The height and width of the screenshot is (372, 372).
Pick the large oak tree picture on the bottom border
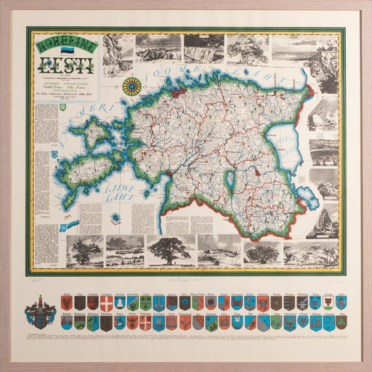pos(169,249)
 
